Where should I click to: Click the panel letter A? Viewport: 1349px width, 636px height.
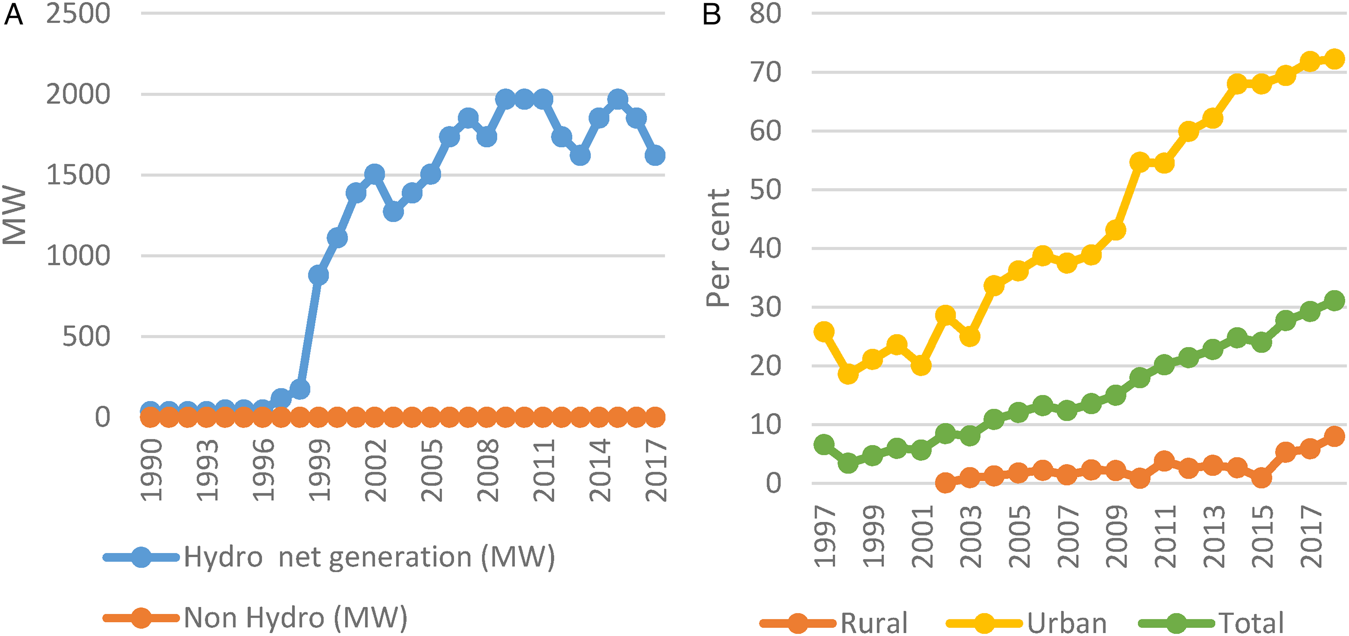(x=13, y=13)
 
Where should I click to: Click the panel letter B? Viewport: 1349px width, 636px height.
(x=712, y=13)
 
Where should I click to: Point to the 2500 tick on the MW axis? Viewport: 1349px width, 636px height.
(x=79, y=13)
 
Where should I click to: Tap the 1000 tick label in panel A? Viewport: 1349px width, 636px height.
(x=79, y=255)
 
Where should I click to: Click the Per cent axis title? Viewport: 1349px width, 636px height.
(x=718, y=248)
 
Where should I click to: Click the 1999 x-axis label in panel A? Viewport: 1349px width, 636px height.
(x=319, y=470)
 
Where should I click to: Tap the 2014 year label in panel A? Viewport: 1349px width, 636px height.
(x=599, y=470)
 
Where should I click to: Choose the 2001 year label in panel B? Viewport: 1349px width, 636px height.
(x=922, y=537)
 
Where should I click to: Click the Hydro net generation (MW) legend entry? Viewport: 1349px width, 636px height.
(x=329, y=557)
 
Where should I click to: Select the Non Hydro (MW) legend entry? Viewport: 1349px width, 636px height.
(x=255, y=618)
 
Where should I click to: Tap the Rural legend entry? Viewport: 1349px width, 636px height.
(x=834, y=623)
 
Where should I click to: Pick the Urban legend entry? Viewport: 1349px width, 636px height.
(x=1027, y=623)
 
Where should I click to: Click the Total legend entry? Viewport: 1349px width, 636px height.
(x=1211, y=623)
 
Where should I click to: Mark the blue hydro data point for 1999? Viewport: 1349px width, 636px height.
(x=318, y=275)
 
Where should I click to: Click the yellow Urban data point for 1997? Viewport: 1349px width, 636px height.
(x=824, y=331)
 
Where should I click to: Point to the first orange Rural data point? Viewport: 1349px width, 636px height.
(x=945, y=483)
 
